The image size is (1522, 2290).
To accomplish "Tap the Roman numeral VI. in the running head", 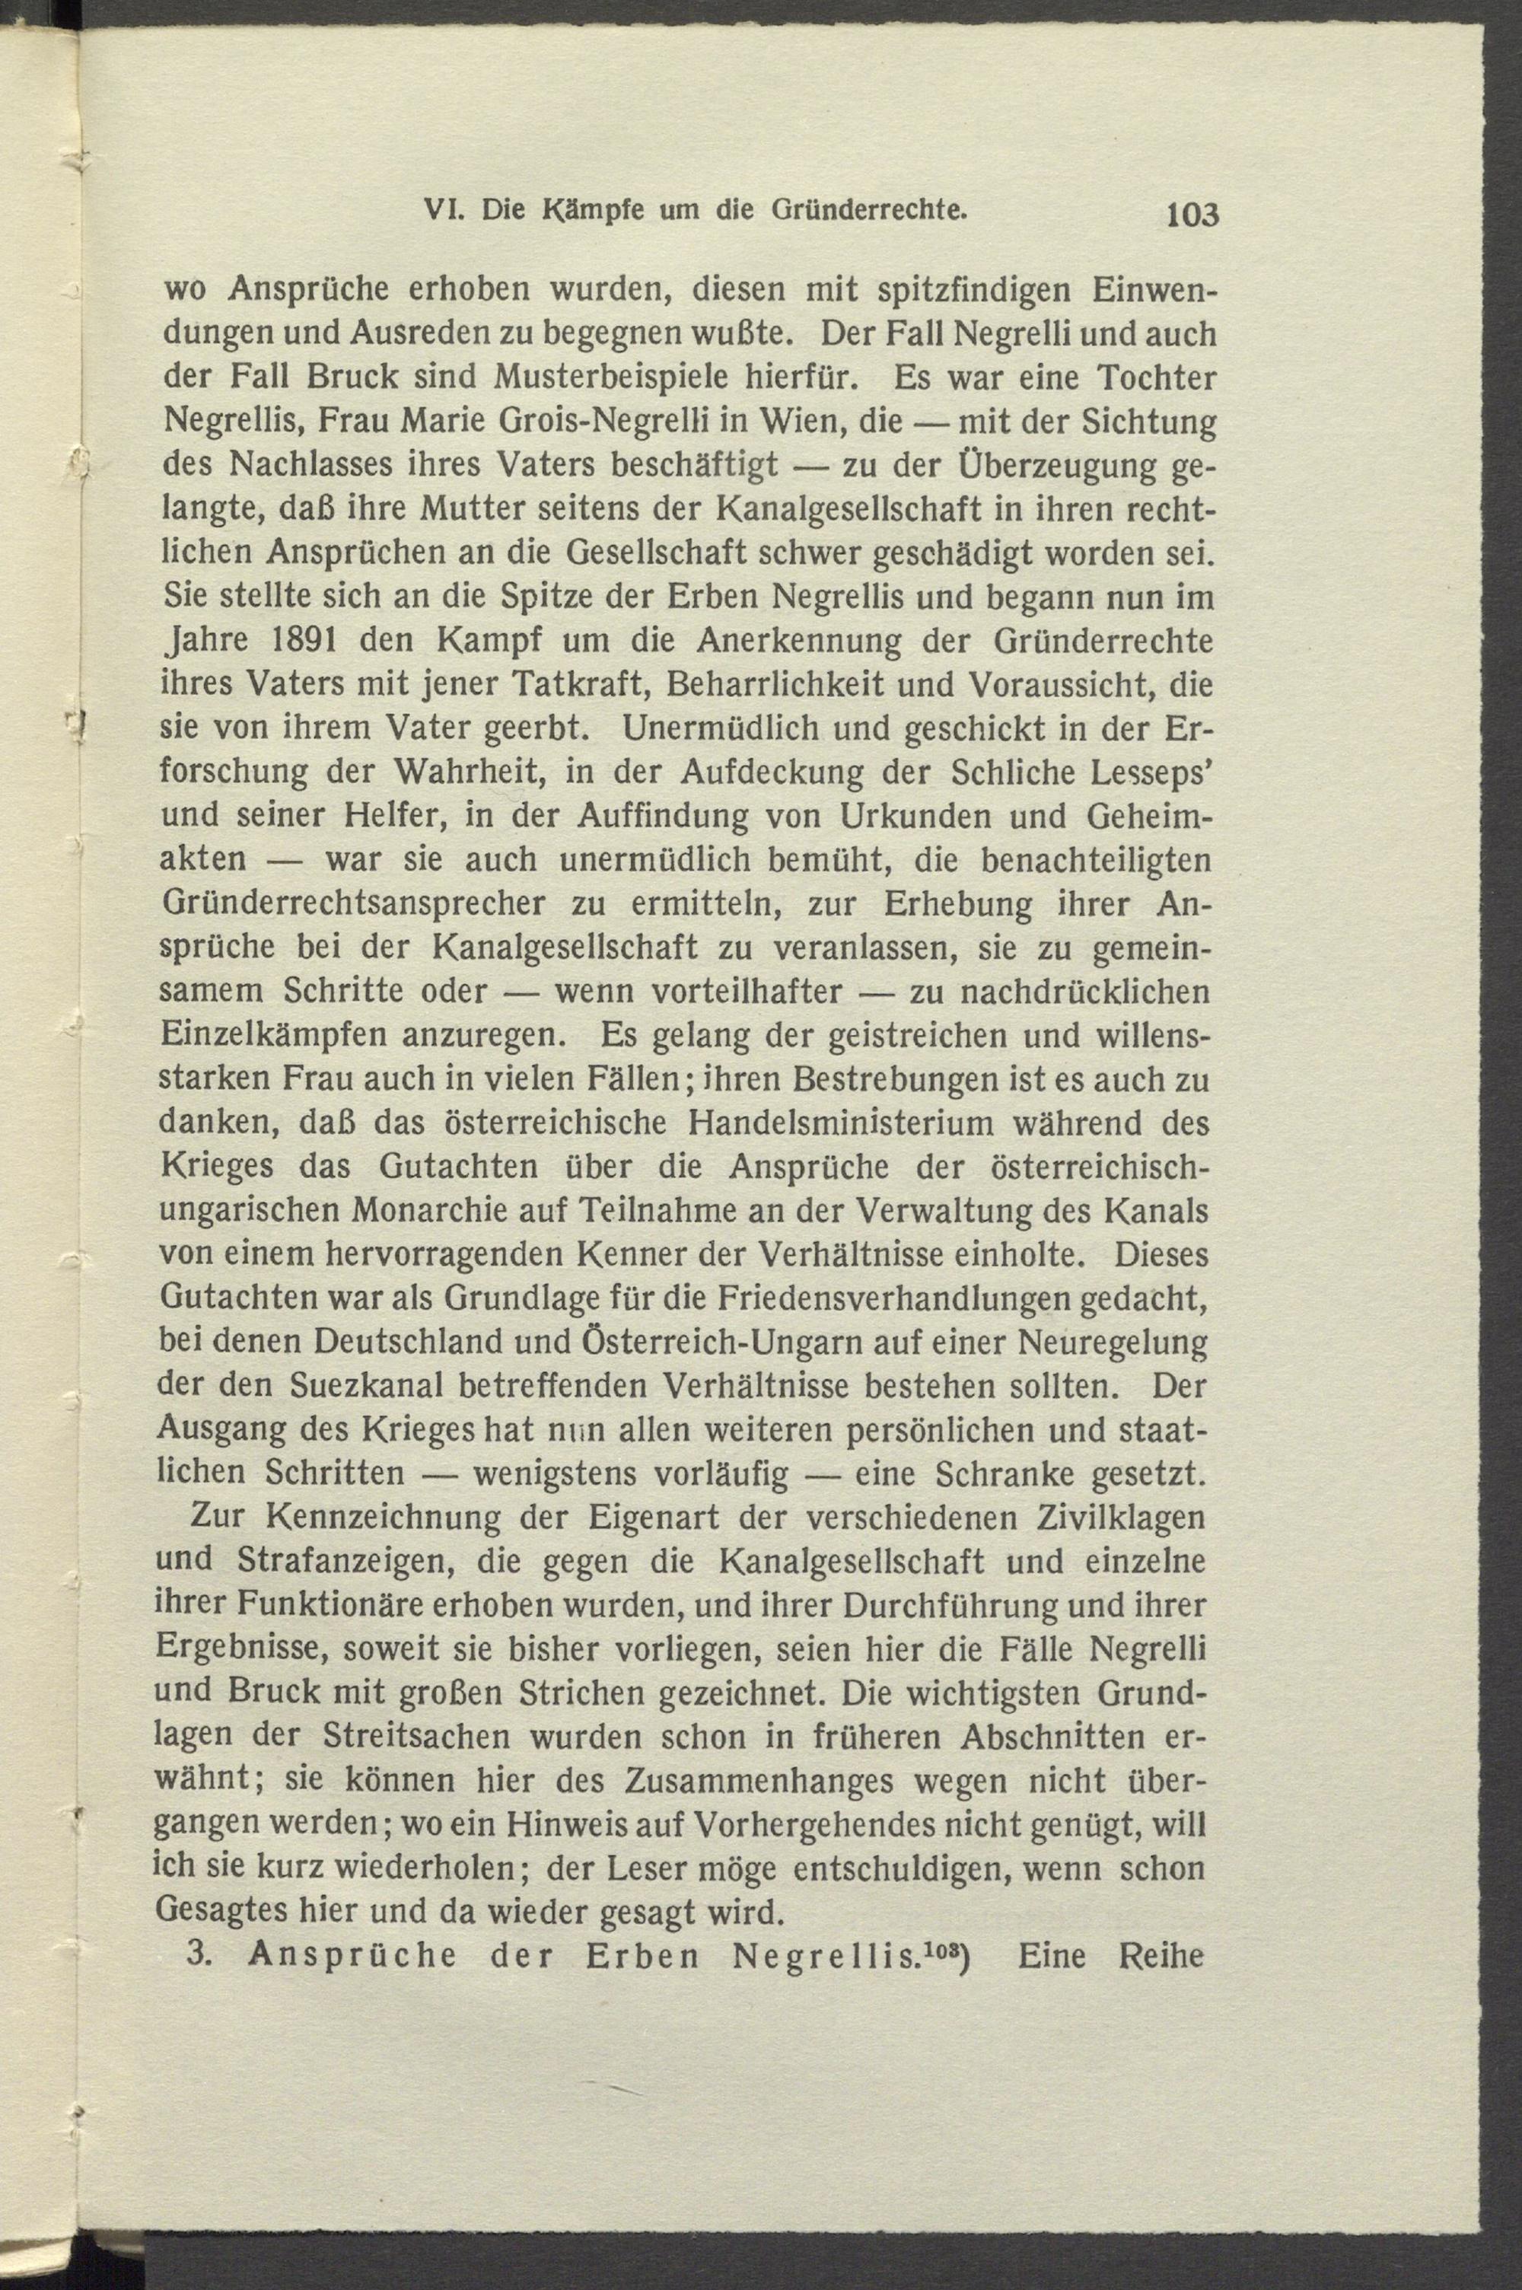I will point(447,210).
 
